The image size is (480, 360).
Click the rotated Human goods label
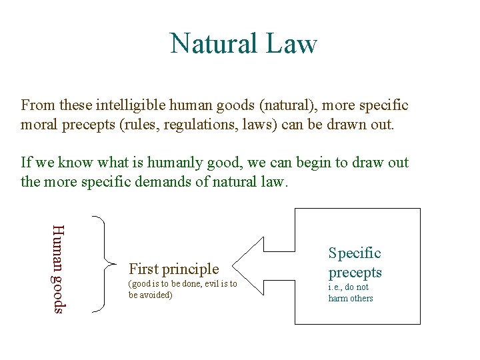tap(58, 268)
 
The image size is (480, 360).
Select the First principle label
tap(173, 269)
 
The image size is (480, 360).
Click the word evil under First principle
tap(210, 285)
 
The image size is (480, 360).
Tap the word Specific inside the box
tap(355, 253)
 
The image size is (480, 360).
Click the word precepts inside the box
tap(355, 272)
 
